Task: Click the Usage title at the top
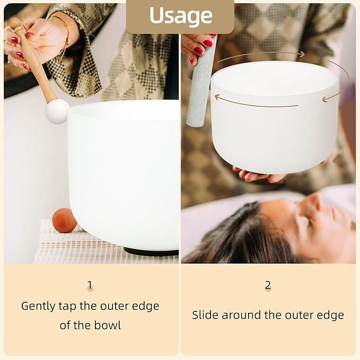click(180, 16)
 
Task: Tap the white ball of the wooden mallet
click(57, 111)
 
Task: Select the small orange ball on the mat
click(64, 221)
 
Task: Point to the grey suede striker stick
click(200, 85)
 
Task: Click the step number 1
click(90, 286)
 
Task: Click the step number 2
click(268, 285)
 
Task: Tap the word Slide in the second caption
click(205, 315)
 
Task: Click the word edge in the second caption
click(331, 315)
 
